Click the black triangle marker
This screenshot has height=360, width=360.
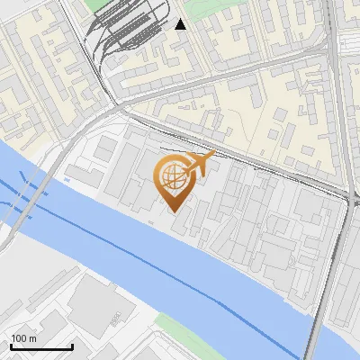tap(181, 24)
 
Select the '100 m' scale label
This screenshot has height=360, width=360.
tap(23, 338)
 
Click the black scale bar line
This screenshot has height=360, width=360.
tap(41, 346)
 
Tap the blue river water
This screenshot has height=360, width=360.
tap(225, 270)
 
